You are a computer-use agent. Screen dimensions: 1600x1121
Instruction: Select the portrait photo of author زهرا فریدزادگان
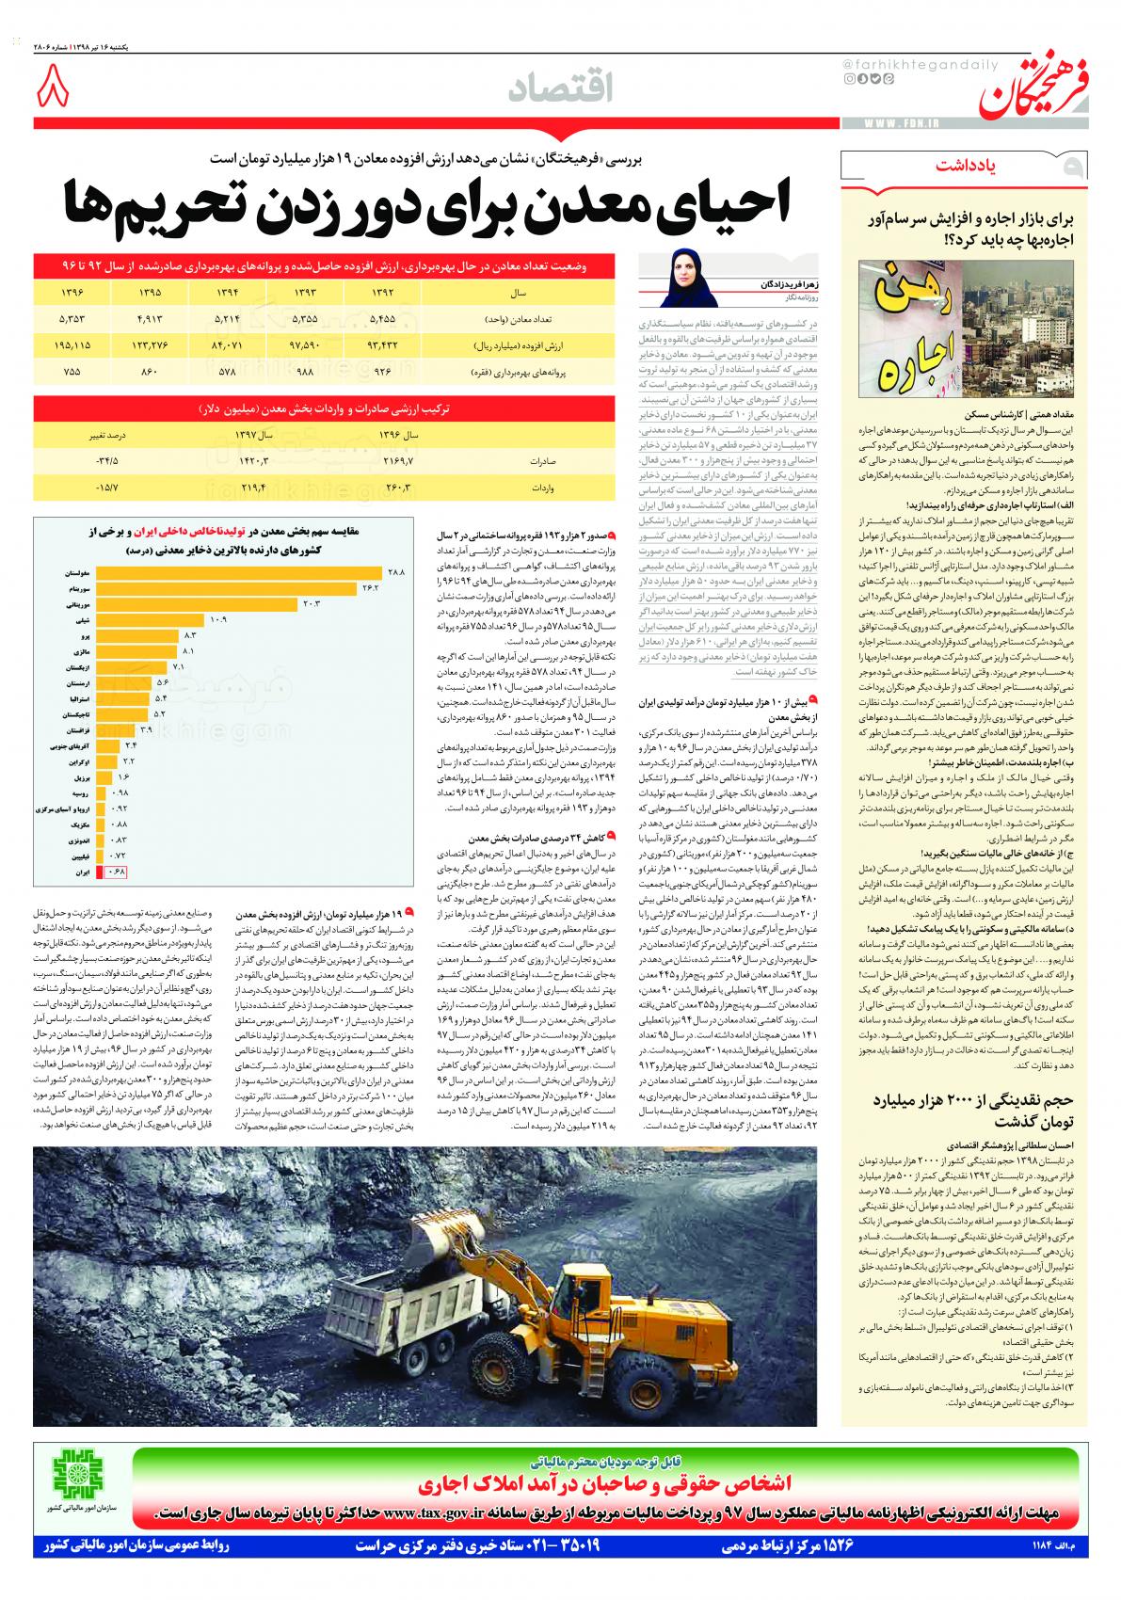683,277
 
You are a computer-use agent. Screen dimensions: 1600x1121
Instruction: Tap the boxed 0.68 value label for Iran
117,872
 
